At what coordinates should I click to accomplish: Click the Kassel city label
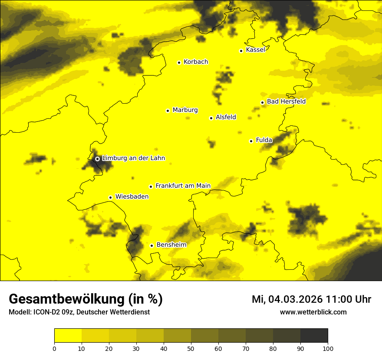tap(255, 50)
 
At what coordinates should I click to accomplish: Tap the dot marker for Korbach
tap(179, 62)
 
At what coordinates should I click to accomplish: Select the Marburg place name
tap(185, 110)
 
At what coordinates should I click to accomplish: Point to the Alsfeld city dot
tap(211, 118)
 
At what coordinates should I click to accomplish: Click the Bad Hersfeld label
tap(286, 101)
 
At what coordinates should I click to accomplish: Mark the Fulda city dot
tap(251, 141)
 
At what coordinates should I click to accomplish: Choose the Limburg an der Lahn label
tap(133, 158)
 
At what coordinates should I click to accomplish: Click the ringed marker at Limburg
tap(97, 159)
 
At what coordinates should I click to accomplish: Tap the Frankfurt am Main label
tap(183, 186)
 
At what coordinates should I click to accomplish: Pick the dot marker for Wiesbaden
tap(110, 197)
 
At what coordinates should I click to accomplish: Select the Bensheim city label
tap(171, 245)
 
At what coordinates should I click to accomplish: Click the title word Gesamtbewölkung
tap(66, 299)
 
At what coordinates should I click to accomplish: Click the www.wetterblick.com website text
tap(313, 312)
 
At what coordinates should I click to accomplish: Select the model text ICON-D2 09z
tap(48, 312)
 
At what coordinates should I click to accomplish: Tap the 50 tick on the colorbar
tap(191, 348)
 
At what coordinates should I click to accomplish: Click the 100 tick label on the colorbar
tap(328, 348)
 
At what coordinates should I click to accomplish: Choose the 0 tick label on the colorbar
tap(54, 348)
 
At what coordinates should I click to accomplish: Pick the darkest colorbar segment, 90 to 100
tap(314, 335)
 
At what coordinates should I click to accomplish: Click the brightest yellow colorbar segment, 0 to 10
tap(68, 335)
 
